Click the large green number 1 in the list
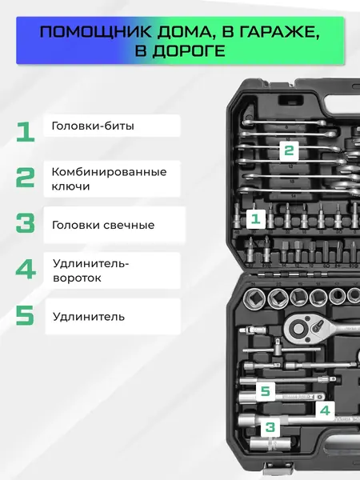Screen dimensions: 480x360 [x=25, y=130]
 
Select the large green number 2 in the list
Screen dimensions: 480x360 [x=26, y=178]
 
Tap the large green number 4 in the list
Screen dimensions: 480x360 [x=26, y=270]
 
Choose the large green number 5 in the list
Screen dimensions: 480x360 [x=26, y=315]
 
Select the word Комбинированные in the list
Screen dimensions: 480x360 [x=109, y=172]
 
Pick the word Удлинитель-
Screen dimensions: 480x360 [x=89, y=263]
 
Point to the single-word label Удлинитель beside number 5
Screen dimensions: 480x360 [x=88, y=316]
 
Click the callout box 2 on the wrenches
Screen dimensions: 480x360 [x=289, y=150]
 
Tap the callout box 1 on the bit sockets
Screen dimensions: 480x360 [x=256, y=218]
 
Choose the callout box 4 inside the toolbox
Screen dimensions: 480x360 [x=324, y=410]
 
